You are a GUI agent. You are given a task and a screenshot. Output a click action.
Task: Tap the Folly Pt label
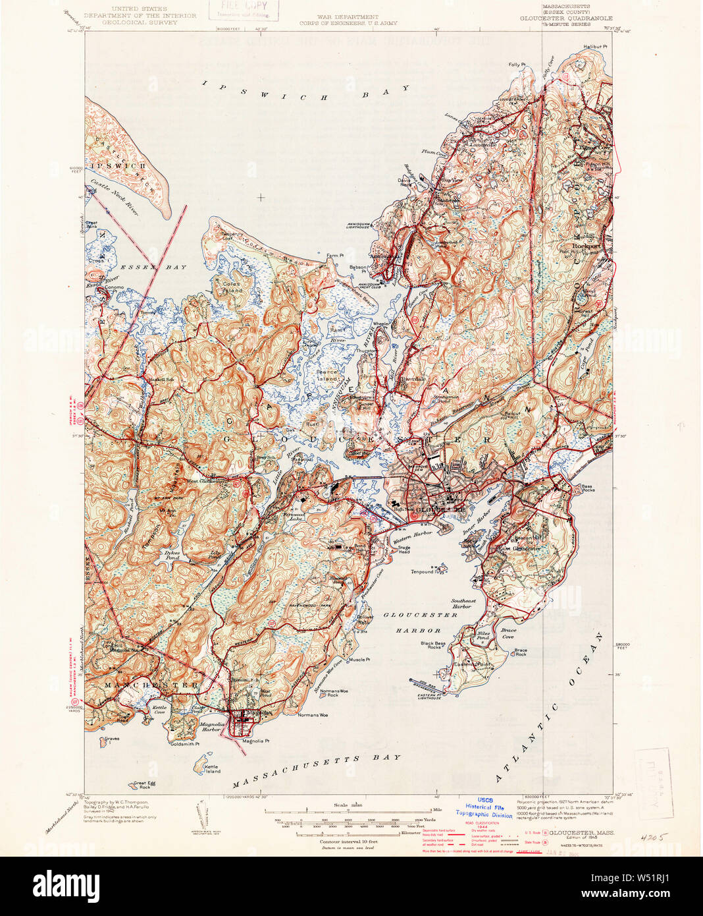click(517, 65)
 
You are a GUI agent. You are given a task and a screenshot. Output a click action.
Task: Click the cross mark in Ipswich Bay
click(261, 196)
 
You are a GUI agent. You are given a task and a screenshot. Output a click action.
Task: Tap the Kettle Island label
click(211, 768)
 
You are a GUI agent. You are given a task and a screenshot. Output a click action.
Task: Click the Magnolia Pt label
click(256, 741)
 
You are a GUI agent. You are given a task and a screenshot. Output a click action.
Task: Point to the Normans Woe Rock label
click(333, 693)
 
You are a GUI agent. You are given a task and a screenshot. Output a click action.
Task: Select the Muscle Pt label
click(359, 659)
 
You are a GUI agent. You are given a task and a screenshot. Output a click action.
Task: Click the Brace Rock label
click(520, 652)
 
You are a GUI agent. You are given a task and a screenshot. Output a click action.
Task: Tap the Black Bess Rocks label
click(433, 645)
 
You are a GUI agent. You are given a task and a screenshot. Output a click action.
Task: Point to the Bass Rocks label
click(588, 488)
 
